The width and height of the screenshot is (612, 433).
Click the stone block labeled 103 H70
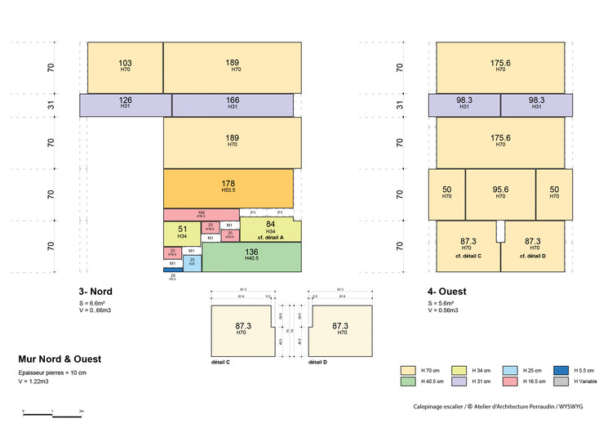[125, 66]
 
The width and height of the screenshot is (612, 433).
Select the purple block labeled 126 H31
[126, 104]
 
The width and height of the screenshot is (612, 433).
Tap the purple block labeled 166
[233, 104]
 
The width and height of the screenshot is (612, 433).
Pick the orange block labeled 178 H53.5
[228, 187]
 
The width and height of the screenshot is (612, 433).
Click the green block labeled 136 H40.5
[251, 257]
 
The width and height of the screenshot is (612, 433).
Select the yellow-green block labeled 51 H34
[181, 233]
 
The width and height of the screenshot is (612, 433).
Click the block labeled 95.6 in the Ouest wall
[500, 194]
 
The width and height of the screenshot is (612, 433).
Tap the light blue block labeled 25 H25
[192, 262]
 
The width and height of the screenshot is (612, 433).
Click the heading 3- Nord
[95, 292]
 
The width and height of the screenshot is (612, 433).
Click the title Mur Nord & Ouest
[60, 359]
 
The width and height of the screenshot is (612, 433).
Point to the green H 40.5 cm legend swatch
[408, 382]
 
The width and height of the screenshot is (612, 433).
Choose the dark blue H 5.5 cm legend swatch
[561, 370]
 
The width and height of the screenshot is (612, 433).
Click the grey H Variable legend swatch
[561, 382]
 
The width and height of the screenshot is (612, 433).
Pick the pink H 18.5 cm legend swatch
[510, 382]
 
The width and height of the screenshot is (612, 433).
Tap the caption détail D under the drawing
[319, 361]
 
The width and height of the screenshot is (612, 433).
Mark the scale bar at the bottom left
[53, 415]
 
